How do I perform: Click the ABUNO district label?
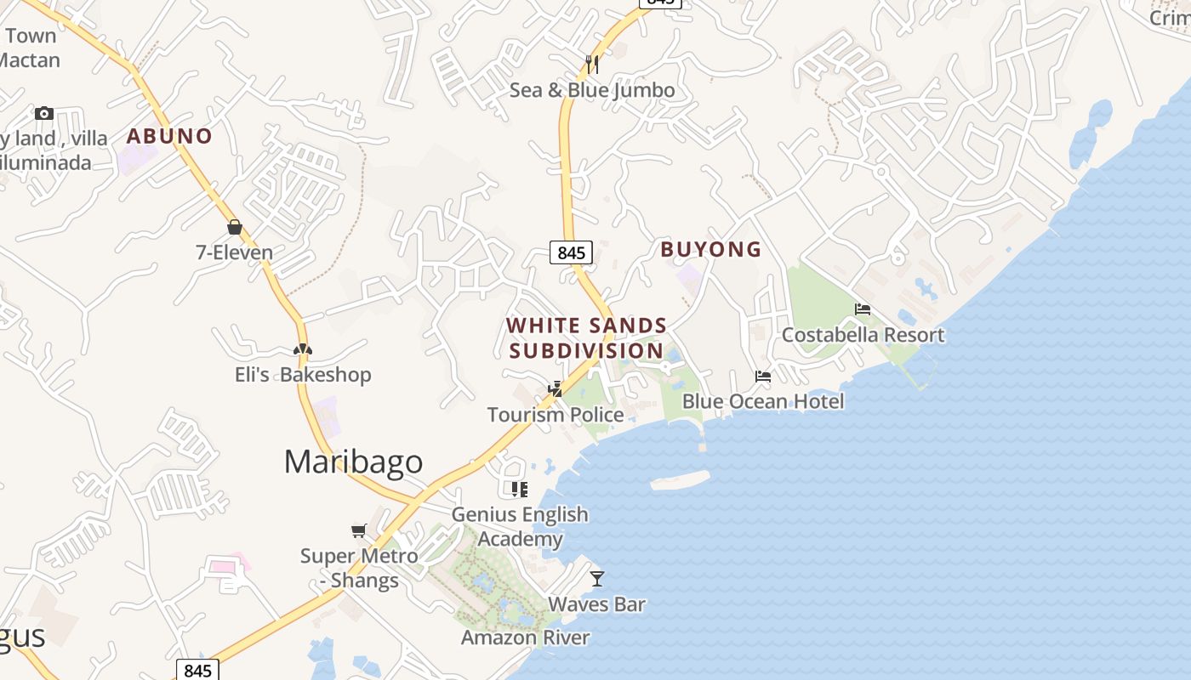point(169,136)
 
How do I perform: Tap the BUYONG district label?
point(710,249)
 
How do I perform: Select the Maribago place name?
point(353,462)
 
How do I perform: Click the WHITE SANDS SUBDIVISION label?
point(586,338)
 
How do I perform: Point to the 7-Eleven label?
point(235,252)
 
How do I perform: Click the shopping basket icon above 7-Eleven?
point(235,227)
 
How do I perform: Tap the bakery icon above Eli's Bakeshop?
point(303,349)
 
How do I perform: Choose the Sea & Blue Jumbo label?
point(592,90)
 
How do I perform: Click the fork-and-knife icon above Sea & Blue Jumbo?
point(592,64)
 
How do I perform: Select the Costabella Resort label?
point(863,335)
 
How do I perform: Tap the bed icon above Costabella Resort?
point(863,309)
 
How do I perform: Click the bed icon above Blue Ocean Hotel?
point(763,376)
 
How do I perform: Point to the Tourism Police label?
point(556,415)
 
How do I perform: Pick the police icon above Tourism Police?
point(556,389)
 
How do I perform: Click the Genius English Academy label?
point(520,526)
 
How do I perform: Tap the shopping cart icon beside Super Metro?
point(359,530)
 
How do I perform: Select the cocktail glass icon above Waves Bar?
point(597,579)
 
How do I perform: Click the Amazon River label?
point(525,637)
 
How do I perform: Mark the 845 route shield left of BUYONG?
point(570,252)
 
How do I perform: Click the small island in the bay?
point(680,480)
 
